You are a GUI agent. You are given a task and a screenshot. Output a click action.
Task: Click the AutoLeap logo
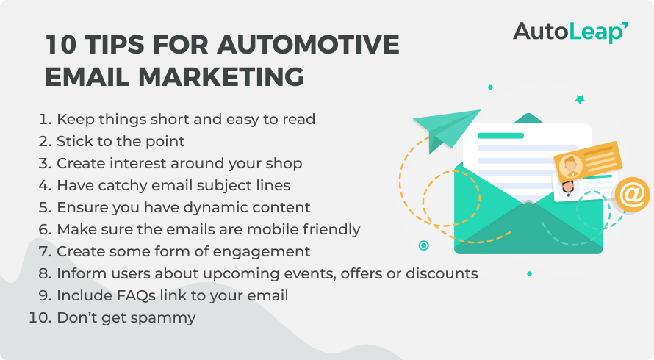[570, 32]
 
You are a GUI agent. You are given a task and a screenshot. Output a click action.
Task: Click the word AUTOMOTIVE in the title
[308, 44]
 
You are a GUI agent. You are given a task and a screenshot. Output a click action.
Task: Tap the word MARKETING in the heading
[220, 76]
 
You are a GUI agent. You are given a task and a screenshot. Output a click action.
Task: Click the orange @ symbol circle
[632, 195]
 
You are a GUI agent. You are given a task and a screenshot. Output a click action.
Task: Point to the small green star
[580, 99]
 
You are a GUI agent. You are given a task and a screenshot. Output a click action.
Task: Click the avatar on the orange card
[570, 166]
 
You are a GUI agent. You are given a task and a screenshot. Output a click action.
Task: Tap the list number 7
[45, 251]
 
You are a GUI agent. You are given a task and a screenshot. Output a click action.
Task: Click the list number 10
[40, 317]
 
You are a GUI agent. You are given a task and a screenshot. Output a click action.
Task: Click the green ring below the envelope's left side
[423, 245]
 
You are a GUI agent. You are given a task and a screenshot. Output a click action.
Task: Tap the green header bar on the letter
[500, 136]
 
